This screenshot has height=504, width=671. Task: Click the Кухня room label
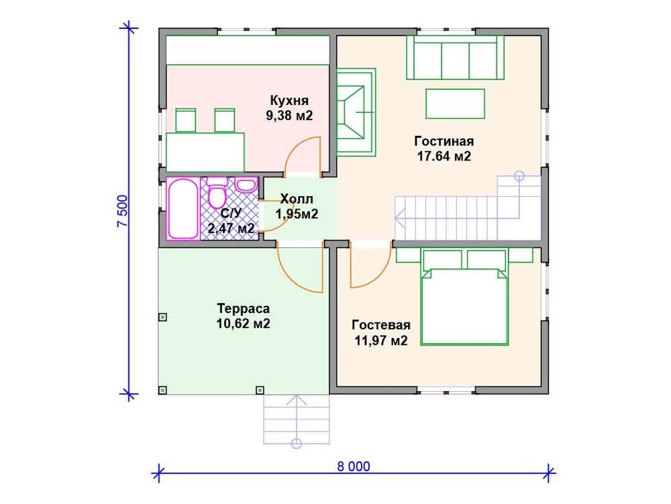click(289, 101)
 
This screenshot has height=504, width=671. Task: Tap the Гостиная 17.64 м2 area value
click(444, 157)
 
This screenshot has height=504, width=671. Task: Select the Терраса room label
click(244, 308)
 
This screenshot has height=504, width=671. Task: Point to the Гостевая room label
click(381, 325)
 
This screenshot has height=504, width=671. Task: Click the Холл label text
click(297, 199)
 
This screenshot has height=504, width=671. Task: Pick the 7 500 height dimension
click(122, 211)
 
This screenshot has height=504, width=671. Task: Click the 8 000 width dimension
click(354, 466)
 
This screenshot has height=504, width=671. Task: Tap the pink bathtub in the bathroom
click(183, 208)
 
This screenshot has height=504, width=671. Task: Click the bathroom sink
click(246, 185)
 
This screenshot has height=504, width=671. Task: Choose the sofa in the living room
click(455, 57)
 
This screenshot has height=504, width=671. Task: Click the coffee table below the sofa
click(455, 103)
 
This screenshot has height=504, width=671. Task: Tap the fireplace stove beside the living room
click(356, 112)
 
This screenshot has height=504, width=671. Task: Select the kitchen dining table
click(205, 153)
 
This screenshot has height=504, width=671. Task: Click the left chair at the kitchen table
click(186, 120)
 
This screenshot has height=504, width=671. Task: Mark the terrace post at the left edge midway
click(162, 317)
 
